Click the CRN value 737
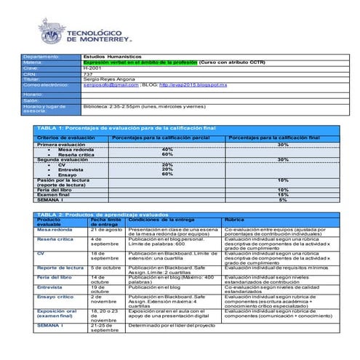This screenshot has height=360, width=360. (87, 73)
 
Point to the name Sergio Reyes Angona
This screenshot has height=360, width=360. (109, 79)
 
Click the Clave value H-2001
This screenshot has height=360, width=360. (92, 68)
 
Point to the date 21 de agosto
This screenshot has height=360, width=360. (106, 229)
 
